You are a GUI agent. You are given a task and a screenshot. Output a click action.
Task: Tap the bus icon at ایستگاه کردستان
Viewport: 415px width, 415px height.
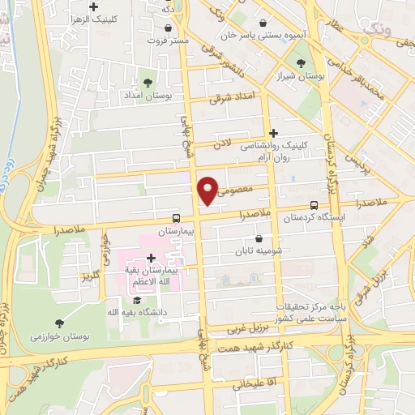pyautogui.click(x=314, y=205)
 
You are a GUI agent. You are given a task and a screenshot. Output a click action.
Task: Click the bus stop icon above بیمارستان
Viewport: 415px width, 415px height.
pyautogui.click(x=176, y=217)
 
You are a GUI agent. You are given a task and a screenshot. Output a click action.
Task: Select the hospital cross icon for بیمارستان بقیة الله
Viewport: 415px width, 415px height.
pyautogui.click(x=152, y=258)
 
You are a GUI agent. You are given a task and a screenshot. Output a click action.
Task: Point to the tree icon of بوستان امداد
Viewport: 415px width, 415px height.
pyautogui.click(x=148, y=82)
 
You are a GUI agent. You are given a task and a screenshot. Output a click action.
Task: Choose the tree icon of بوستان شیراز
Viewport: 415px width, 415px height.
pyautogui.click(x=302, y=63)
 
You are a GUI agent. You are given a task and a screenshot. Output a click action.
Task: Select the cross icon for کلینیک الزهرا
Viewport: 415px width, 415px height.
pyautogui.click(x=94, y=6)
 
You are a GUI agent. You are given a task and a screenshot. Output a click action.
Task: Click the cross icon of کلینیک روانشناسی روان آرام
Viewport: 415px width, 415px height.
pyautogui.click(x=273, y=132)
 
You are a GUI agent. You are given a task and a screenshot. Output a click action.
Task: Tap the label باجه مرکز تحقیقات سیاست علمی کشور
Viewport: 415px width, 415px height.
pyautogui.click(x=313, y=311)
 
